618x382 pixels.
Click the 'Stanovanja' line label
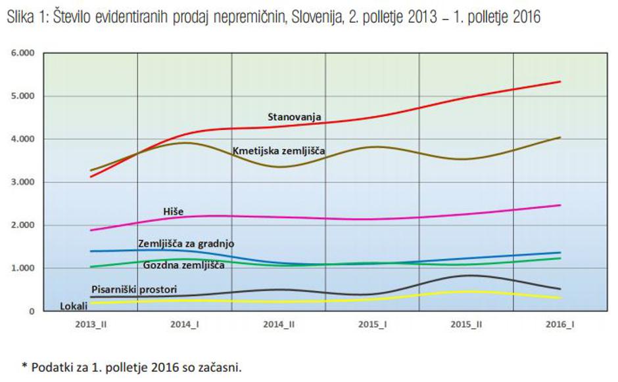294,117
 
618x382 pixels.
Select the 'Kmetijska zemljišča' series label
279,152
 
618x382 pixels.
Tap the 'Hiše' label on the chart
173,211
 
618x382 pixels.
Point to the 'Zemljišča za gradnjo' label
186,244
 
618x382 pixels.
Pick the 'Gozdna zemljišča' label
183,265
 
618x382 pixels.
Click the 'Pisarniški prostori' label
133,289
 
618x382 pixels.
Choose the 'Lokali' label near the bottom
74,306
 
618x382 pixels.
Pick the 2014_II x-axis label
278,325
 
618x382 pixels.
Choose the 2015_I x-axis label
372,325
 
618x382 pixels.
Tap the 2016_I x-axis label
559,325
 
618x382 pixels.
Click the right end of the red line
559,81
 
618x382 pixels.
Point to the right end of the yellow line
559,298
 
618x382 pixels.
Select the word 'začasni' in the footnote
222,367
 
